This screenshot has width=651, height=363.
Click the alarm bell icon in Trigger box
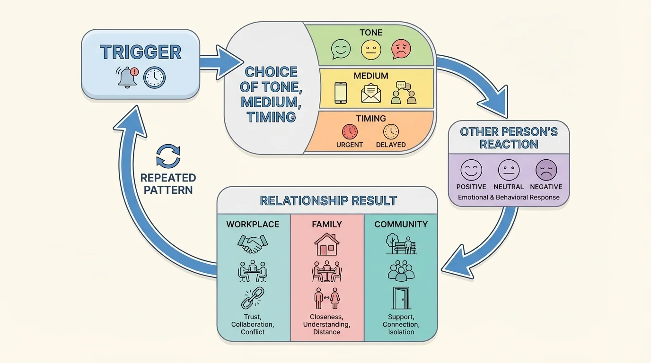(x=127, y=77)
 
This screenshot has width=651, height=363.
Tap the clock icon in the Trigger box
(x=154, y=77)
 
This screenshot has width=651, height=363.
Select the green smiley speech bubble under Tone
(x=341, y=49)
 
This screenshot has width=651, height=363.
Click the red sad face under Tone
(x=401, y=49)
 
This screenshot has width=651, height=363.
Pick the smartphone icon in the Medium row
(x=341, y=93)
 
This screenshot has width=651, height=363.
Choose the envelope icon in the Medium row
(x=371, y=93)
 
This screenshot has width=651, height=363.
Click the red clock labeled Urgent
(x=350, y=131)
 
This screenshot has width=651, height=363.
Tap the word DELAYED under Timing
(x=391, y=145)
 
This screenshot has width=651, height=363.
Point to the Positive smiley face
(x=471, y=170)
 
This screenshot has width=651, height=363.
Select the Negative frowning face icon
(x=545, y=170)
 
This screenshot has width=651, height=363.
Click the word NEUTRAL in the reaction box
(x=509, y=187)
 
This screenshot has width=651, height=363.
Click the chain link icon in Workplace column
(x=252, y=298)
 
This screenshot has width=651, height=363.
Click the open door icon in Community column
(x=401, y=298)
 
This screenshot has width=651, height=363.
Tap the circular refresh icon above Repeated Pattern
(x=168, y=156)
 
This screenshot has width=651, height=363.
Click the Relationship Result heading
(x=328, y=200)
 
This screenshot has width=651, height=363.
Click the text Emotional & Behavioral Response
(x=509, y=197)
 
